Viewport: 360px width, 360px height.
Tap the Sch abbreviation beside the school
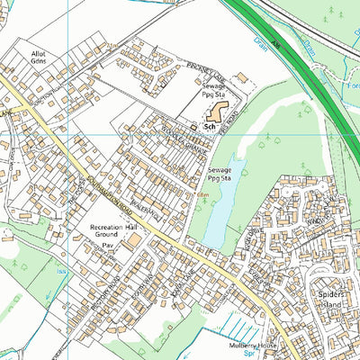210,129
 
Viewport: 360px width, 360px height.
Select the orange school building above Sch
217,112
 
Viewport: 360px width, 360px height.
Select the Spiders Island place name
336,299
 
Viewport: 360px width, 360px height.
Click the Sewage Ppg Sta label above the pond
220,174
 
